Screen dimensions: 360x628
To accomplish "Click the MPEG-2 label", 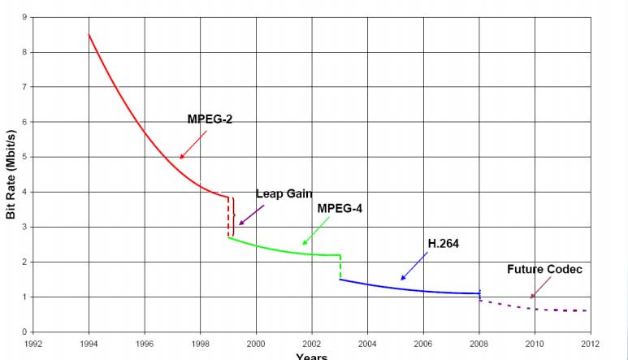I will coord(210,119).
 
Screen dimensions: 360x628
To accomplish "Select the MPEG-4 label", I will coord(340,208).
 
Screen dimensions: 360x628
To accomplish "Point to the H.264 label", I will coord(443,243).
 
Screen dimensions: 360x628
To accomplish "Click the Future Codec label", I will coord(544,269).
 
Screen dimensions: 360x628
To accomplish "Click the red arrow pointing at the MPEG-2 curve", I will coord(193,145).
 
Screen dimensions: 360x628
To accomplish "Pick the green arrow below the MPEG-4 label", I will coord(315,231).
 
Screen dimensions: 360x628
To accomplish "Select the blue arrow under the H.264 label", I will coord(414,267).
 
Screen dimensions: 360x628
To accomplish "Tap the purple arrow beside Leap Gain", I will coord(252,213).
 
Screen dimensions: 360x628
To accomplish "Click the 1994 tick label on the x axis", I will coord(89,344).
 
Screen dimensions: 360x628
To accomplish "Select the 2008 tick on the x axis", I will coord(479,344).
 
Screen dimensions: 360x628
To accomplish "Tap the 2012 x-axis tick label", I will coord(591,344).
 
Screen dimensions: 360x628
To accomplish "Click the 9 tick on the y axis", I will coord(24,17).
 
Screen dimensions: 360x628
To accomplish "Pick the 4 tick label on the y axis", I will coord(24,192).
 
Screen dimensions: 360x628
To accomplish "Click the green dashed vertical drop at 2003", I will coord(340,267).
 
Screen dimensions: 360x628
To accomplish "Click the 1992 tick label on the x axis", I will coord(33,344).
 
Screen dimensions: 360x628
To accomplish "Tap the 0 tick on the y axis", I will coord(24,332).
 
